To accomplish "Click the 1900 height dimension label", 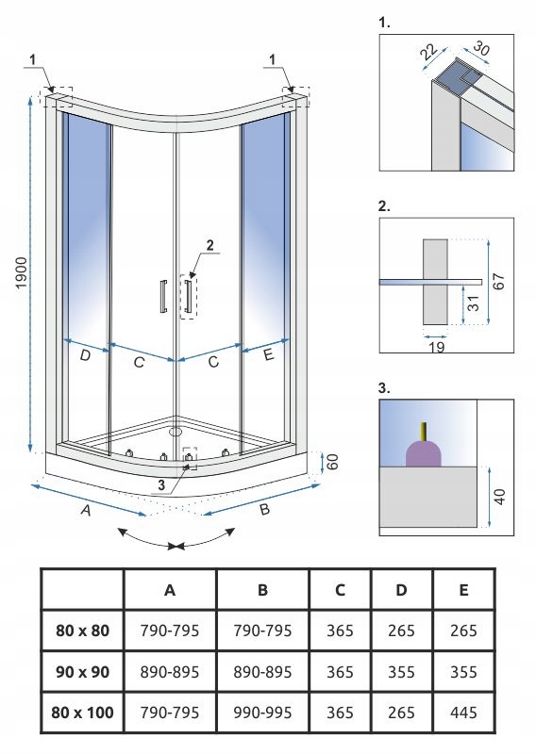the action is [22, 272].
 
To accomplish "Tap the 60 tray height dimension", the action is [332, 462].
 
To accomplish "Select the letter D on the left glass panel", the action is [85, 356].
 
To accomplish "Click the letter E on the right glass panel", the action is [269, 355].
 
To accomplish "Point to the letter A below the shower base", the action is [86, 510].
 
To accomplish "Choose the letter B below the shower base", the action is [264, 509].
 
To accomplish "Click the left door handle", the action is [164, 296].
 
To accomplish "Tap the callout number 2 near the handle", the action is [209, 245].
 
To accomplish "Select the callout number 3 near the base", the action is [160, 485].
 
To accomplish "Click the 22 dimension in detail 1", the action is [428, 52].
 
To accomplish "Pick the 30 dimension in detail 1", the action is [481, 48].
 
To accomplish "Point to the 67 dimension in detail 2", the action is [499, 281].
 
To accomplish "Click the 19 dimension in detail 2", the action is [436, 347].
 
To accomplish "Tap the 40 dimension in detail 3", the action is [500, 497].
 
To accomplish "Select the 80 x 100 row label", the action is [82, 713].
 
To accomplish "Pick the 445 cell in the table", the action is [463, 713].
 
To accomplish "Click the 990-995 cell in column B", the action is [262, 713].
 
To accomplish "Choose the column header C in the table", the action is [340, 590].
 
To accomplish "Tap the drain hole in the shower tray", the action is [176, 432].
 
